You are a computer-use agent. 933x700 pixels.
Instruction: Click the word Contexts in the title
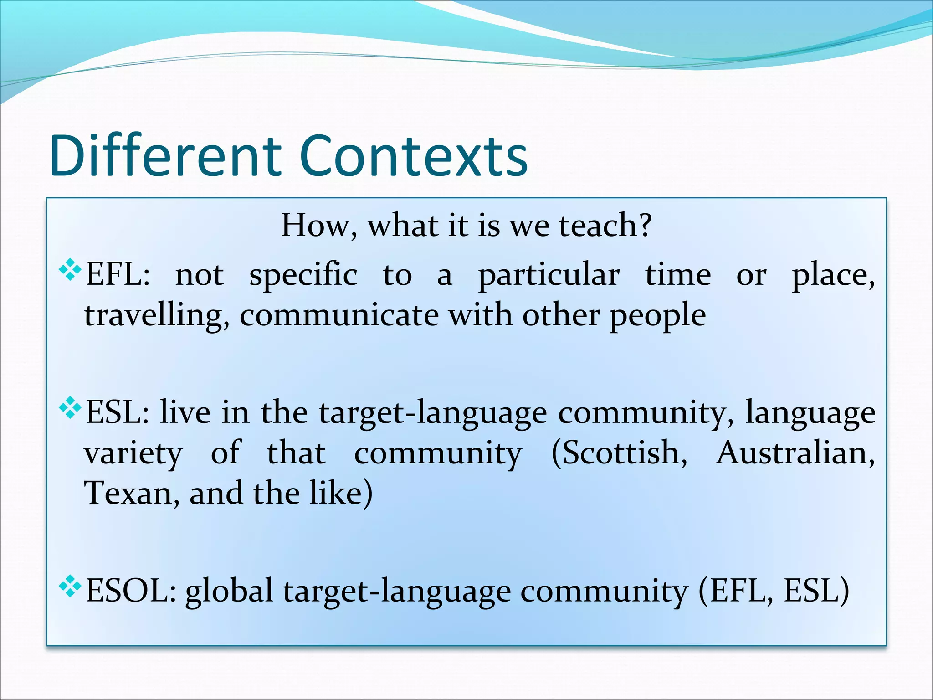click(413, 156)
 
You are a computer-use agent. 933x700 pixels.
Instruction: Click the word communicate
click(338, 316)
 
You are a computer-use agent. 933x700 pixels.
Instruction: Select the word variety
click(133, 454)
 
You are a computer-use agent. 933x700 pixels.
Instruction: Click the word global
click(229, 591)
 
